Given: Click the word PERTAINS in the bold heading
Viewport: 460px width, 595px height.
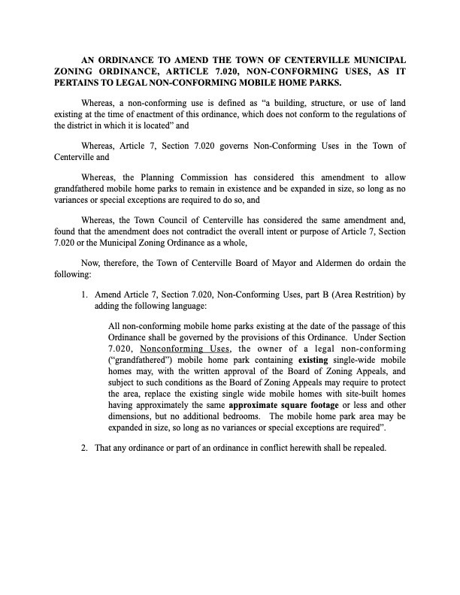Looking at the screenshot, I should (80, 82).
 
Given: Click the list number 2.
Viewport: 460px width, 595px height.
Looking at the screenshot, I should (84, 448).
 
